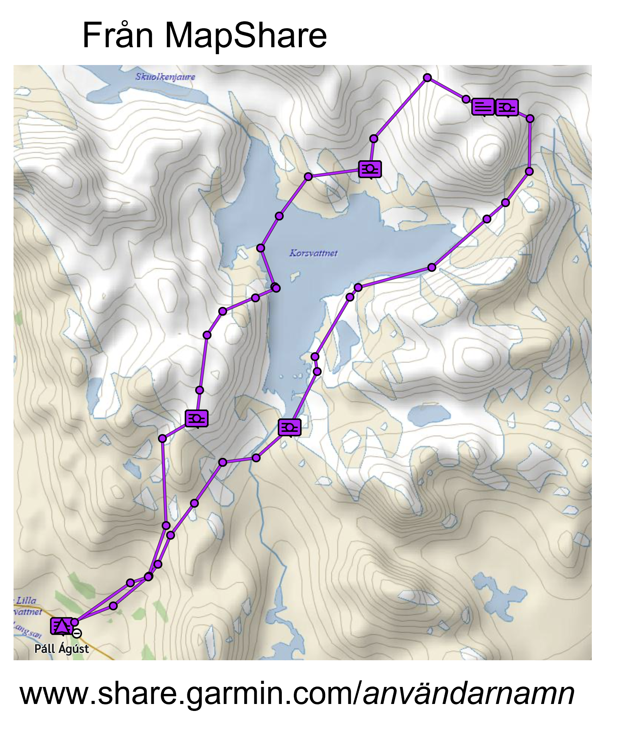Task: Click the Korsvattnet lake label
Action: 314,253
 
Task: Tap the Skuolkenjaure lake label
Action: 165,77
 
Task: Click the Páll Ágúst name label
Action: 62,649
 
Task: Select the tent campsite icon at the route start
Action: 62,626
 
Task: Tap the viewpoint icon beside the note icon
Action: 507,107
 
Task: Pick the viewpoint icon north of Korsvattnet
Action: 370,169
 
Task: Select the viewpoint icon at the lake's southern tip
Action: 290,427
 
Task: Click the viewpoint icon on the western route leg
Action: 197,418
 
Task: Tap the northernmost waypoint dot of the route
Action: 427,78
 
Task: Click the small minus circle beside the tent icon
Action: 77,634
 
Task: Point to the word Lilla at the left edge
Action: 26,600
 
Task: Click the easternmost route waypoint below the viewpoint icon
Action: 530,118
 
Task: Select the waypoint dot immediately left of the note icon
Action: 466,99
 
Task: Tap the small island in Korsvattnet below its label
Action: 295,276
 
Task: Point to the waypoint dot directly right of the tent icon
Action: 75,622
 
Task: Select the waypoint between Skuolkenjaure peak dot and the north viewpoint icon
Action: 374,139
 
